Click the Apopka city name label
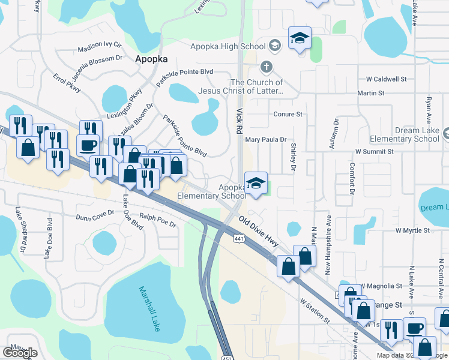click(x=151, y=59)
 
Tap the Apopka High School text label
click(x=228, y=46)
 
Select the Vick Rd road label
click(x=240, y=121)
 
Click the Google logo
click(x=20, y=353)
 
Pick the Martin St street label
click(x=370, y=93)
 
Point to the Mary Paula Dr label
click(x=266, y=139)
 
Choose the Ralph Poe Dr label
click(x=157, y=224)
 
